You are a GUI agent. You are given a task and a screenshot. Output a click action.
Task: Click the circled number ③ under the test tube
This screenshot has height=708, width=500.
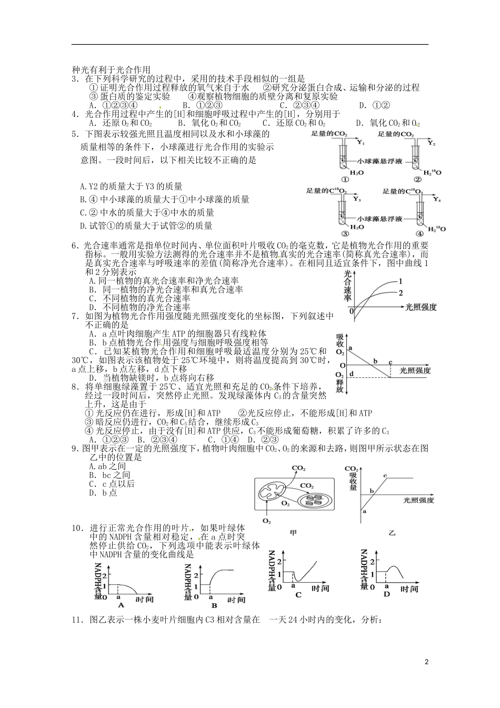point(345,234)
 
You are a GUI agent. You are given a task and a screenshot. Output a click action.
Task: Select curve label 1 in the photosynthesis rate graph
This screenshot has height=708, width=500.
point(401,281)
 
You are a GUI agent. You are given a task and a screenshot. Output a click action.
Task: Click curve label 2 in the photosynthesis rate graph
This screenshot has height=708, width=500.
point(401,292)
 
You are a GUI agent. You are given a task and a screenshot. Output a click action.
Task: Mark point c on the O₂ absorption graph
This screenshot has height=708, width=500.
point(390,362)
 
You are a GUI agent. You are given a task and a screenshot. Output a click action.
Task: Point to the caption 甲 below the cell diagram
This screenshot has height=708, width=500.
point(294,533)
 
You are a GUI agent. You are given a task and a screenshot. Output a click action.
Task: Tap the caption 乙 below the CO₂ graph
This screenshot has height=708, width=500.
point(392,533)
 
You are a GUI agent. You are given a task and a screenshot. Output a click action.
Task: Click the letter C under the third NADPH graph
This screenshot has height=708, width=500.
point(298,595)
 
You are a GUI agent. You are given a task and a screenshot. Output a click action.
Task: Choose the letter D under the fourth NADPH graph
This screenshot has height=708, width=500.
point(387,594)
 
